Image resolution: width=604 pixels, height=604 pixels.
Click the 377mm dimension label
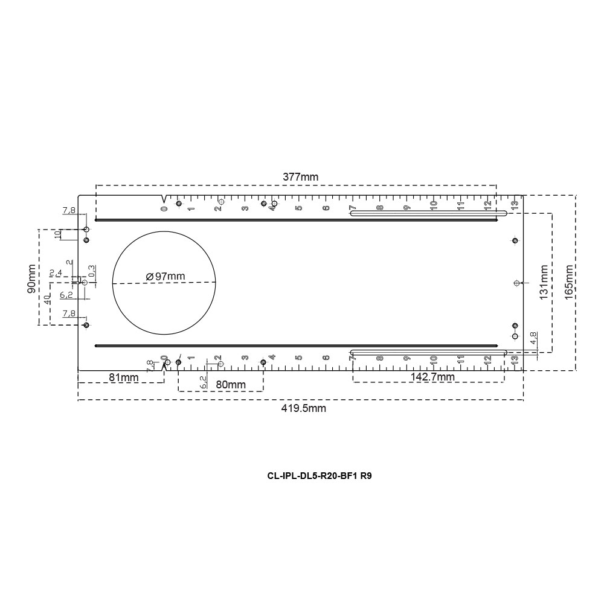[x=301, y=177]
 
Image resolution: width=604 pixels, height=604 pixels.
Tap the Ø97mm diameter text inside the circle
[x=165, y=276]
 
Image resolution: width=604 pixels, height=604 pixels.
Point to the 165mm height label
[x=568, y=282]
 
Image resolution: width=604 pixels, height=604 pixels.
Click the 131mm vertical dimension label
[x=544, y=282]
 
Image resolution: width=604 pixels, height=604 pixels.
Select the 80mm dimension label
[x=231, y=384]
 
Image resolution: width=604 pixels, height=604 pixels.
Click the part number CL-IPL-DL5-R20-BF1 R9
[x=320, y=475]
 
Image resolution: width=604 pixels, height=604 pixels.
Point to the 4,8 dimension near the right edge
[x=533, y=338]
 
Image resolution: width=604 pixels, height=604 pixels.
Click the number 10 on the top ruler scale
[x=434, y=205]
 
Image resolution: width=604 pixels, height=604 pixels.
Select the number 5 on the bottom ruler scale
[x=299, y=357]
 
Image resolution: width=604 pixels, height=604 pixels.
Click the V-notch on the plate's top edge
[x=163, y=199]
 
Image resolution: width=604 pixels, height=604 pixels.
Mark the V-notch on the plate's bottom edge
[x=164, y=367]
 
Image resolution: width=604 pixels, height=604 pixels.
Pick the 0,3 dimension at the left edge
[x=91, y=271]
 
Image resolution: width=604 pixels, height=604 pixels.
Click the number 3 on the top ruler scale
[x=245, y=208]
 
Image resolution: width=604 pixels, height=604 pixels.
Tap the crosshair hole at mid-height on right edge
[x=515, y=283]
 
